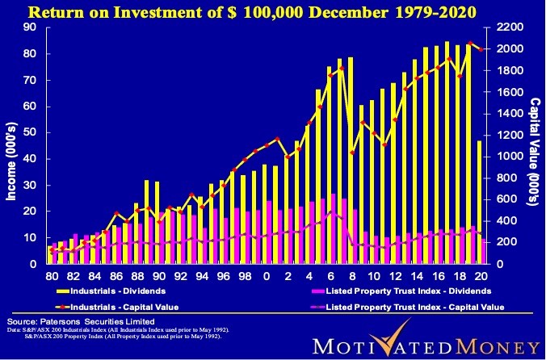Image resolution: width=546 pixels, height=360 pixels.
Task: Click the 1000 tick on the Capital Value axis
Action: coord(506,156)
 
